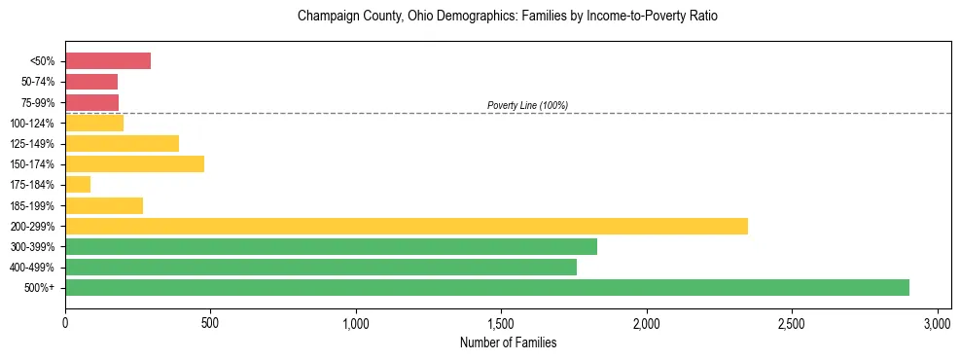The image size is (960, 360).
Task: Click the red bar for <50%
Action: click(108, 61)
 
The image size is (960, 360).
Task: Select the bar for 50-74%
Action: click(91, 82)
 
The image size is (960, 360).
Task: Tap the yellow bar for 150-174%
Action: click(134, 163)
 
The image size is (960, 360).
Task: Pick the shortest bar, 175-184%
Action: click(78, 184)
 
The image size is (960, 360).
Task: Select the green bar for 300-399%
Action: click(331, 246)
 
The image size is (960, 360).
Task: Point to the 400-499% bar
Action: click(320, 267)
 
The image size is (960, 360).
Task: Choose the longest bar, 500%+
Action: click(486, 287)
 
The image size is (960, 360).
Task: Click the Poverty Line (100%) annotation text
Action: click(527, 105)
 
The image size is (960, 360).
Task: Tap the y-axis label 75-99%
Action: click(37, 102)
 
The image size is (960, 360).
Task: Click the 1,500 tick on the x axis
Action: click(501, 322)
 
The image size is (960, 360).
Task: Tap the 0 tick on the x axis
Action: click(65, 322)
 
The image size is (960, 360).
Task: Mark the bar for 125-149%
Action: click(122, 143)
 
